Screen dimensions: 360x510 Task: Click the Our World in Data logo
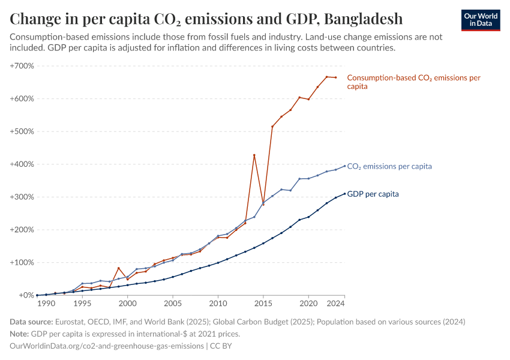point(480,20)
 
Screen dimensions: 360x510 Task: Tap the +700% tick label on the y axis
point(22,65)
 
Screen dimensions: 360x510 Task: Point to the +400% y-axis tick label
point(22,164)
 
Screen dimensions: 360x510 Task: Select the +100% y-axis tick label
point(22,262)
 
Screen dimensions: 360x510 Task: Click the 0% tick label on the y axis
point(26,295)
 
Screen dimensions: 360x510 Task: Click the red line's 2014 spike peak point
point(254,155)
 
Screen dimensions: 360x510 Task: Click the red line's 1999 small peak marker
point(119,268)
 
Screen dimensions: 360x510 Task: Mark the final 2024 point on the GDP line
point(344,194)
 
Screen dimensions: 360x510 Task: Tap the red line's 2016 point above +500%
point(272,127)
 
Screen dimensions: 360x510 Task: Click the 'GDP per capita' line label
point(373,194)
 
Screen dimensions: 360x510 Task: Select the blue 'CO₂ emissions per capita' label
point(389,166)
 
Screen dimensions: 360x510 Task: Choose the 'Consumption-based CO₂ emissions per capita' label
point(413,82)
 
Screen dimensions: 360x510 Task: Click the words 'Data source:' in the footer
point(31,322)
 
